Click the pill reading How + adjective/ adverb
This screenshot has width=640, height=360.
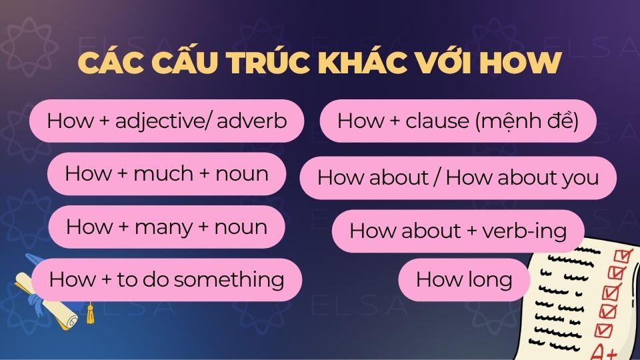[x=167, y=121]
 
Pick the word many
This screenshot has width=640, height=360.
[x=163, y=227]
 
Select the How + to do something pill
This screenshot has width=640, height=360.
[x=167, y=279]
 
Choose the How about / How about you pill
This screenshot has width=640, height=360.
[x=458, y=178]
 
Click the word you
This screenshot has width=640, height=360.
[x=581, y=178]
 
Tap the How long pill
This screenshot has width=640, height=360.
[x=464, y=279]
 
